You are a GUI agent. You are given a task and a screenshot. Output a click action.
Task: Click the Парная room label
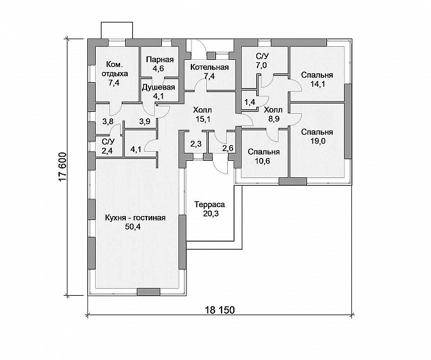[x=160, y=60]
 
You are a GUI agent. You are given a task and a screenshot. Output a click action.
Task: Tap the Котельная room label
[x=209, y=67]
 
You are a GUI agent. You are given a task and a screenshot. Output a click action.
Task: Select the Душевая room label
[x=158, y=87]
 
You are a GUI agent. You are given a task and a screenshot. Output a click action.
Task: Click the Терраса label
[x=209, y=204]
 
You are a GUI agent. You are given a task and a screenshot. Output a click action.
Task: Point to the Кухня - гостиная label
[x=136, y=218]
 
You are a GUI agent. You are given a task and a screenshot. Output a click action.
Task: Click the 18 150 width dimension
[x=220, y=310]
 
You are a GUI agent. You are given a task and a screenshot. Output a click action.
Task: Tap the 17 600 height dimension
[x=63, y=166]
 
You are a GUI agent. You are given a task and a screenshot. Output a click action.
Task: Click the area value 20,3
[x=211, y=213]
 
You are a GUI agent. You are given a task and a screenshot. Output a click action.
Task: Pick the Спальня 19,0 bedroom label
[x=317, y=136]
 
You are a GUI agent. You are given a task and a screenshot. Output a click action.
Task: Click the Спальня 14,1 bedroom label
[x=317, y=79]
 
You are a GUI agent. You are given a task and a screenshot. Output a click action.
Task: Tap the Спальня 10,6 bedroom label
[x=263, y=156]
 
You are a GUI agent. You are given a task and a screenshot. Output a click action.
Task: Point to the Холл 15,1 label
[x=203, y=114]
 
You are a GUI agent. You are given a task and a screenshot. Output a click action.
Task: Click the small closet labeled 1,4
[x=250, y=102]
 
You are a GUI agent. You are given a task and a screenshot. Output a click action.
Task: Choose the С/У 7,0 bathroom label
[x=262, y=61]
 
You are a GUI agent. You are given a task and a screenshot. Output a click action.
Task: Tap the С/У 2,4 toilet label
[x=108, y=146]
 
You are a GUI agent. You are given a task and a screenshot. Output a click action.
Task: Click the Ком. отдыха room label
[x=114, y=73]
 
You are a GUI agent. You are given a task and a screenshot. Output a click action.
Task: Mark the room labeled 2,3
[x=196, y=143]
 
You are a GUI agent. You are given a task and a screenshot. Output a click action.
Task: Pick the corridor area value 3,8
[x=108, y=122]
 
